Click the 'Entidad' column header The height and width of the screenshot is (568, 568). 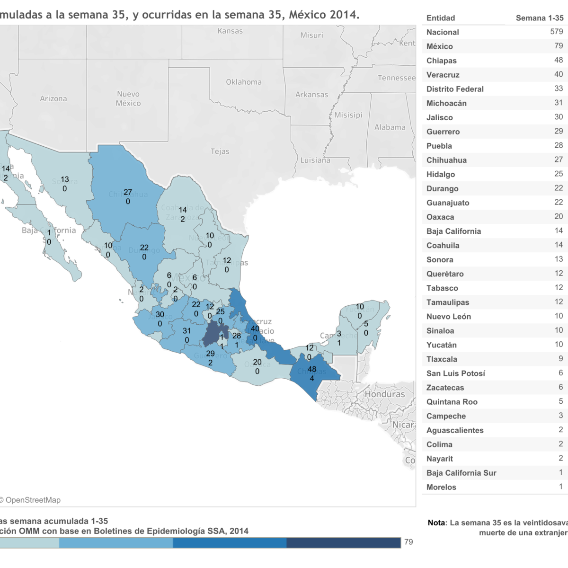440,18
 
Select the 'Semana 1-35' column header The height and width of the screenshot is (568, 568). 539,18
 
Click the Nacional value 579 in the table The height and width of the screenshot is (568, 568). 556,32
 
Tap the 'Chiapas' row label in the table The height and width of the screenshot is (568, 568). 441,61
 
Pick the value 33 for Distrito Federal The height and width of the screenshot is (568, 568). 559,89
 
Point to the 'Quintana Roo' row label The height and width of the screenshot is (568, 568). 452,402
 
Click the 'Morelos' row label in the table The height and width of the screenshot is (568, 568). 441,487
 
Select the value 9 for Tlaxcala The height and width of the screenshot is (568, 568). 560,359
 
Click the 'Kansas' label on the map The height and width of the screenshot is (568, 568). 230,31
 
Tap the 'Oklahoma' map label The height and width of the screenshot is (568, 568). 243,82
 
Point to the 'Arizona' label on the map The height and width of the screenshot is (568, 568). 53,98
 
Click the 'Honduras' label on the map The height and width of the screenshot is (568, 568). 384,394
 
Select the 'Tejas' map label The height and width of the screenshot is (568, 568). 220,151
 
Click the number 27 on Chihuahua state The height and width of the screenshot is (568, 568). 128,192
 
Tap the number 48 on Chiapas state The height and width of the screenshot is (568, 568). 311,369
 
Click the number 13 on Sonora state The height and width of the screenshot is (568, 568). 65,179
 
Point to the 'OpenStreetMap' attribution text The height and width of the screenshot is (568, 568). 33,500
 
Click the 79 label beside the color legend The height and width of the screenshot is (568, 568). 408,542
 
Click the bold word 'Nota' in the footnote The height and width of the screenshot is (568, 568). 436,523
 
